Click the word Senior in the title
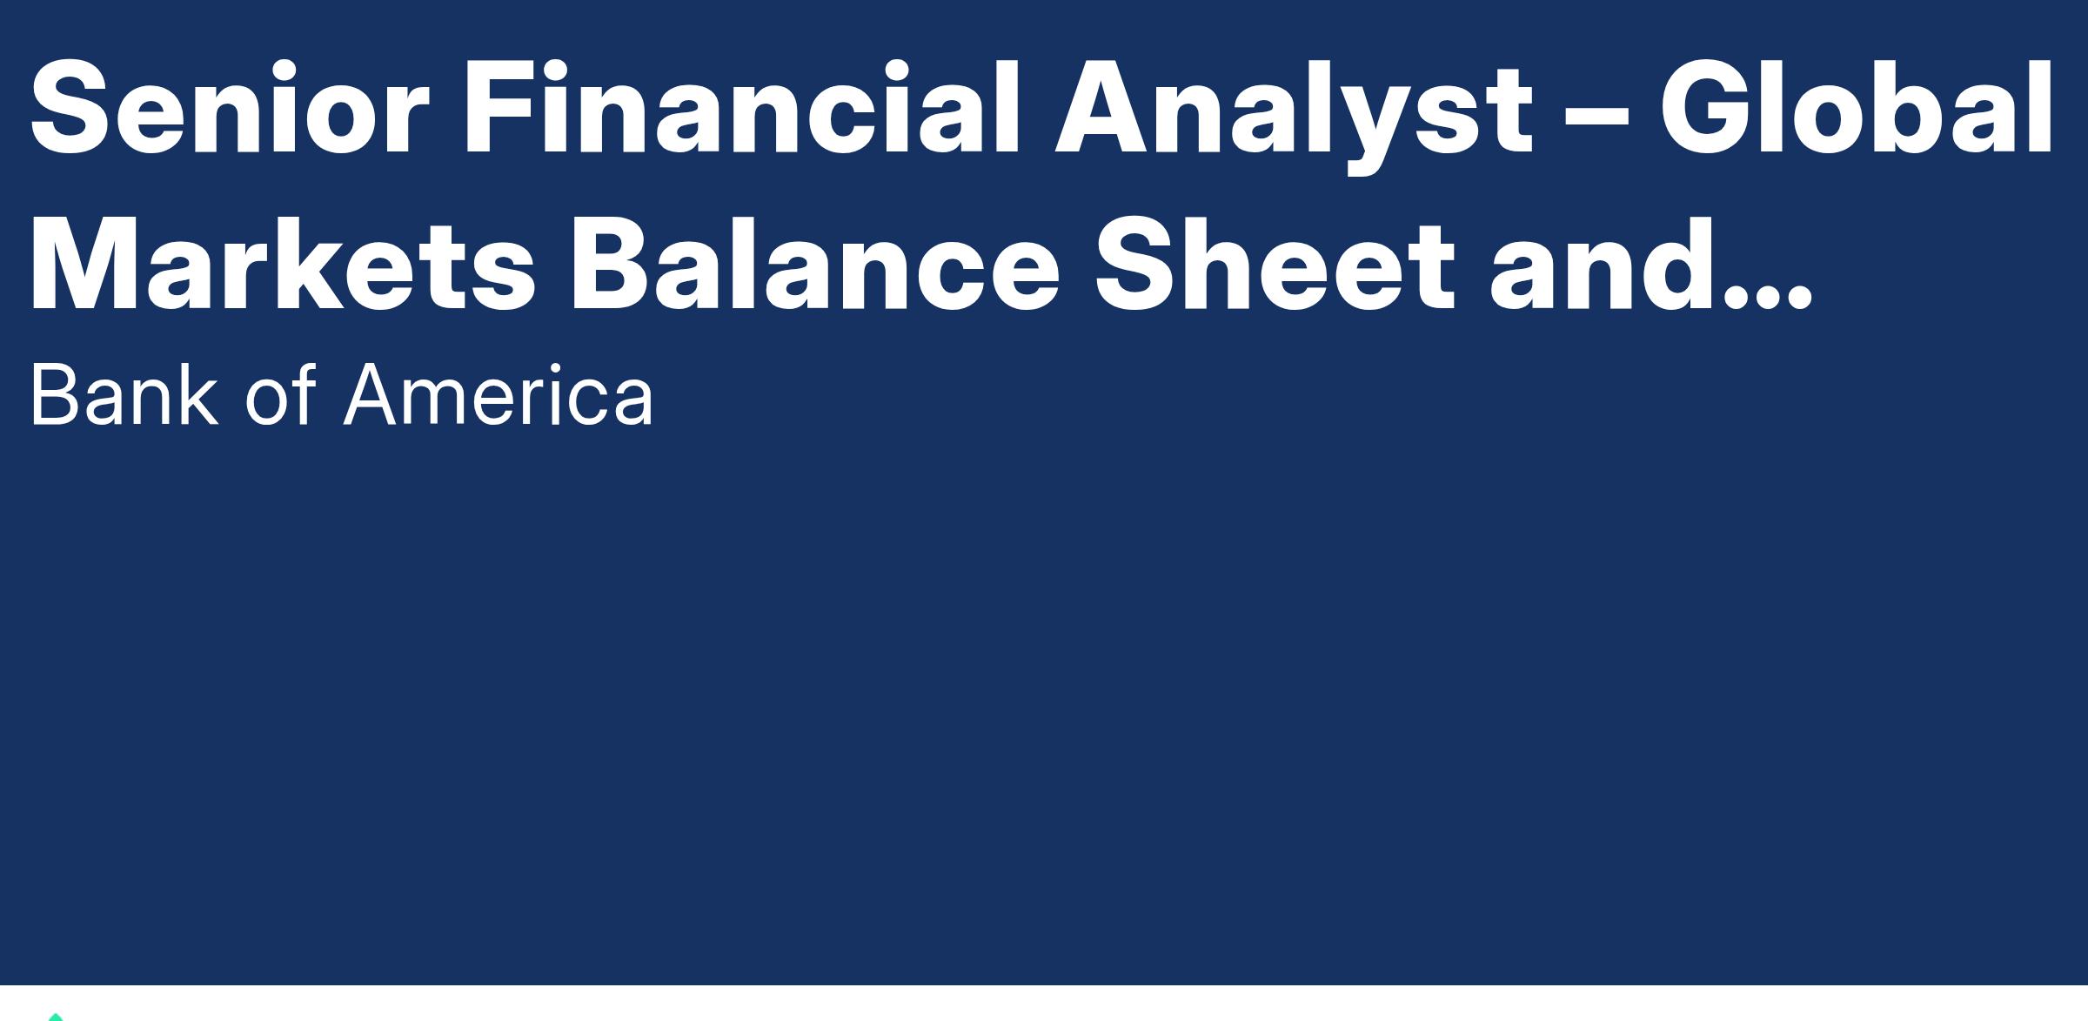(x=229, y=109)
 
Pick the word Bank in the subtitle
(x=123, y=394)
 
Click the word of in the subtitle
(x=278, y=394)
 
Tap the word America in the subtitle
(x=498, y=394)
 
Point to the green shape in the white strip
(x=56, y=1017)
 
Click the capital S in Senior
(x=69, y=109)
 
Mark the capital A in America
(x=375, y=394)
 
